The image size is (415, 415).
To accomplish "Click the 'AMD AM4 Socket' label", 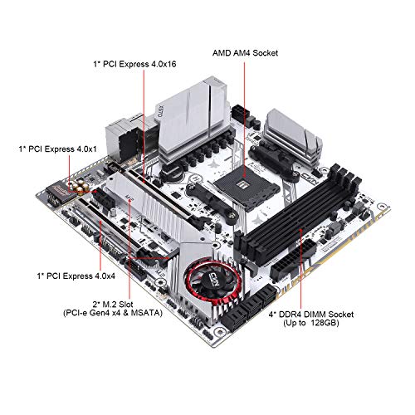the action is click(245, 53).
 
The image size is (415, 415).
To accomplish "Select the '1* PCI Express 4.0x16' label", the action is click(134, 64).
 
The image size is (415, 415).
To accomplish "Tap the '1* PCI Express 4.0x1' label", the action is click(58, 149).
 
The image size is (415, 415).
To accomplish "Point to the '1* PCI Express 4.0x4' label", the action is click(76, 276).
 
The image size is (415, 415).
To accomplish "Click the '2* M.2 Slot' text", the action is click(113, 305).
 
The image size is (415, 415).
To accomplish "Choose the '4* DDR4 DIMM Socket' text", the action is click(311, 315).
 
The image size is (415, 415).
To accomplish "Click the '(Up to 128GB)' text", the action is click(311, 323).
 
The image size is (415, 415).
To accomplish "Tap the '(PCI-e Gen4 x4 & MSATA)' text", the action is click(113, 313).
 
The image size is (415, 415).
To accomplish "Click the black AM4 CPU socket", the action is click(247, 188).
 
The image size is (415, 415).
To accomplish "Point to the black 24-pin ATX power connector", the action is click(293, 260).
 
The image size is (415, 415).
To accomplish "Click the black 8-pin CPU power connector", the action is click(241, 112).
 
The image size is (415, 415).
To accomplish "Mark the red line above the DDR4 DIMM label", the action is click(300, 268).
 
